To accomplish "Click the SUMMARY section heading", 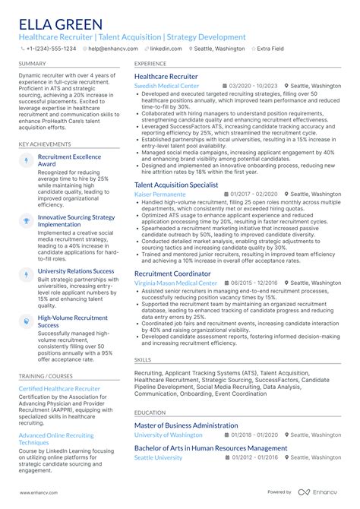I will tap(32, 64).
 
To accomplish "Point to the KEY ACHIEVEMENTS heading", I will tap(46, 144).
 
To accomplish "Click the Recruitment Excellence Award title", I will tap(69, 160).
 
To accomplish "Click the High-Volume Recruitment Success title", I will tap(73, 322).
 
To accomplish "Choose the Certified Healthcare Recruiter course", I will tap(59, 388).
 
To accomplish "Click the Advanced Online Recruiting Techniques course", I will tap(56, 438).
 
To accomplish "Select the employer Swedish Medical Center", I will tap(166, 87).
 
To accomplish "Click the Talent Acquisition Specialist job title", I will tap(176, 185).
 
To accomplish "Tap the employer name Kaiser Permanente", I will tap(161, 194).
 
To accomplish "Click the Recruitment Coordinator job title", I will tap(172, 273).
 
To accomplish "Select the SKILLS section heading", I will tap(143, 359).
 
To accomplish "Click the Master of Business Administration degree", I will tap(186, 425).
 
